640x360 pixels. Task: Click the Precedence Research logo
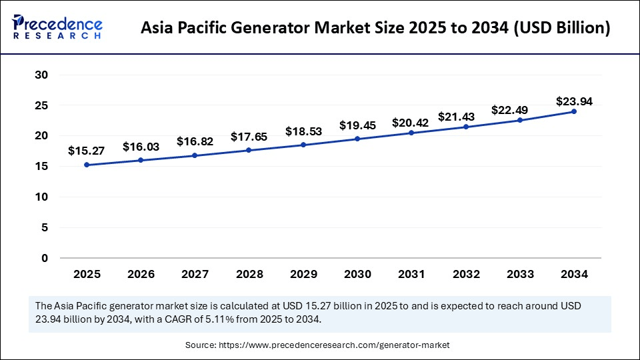click(x=57, y=27)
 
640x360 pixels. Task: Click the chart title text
click(x=376, y=29)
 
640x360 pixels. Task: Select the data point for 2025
click(x=87, y=165)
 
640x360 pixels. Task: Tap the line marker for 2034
click(x=573, y=111)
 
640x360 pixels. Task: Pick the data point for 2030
click(x=357, y=139)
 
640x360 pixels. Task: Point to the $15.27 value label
click(x=87, y=151)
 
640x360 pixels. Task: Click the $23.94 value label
click(x=574, y=101)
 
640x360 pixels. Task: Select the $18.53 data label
click(x=303, y=131)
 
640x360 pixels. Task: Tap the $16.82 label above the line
click(x=195, y=141)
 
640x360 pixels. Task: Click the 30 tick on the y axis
click(x=41, y=75)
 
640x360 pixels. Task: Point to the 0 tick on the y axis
click(x=45, y=258)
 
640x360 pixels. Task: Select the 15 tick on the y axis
click(x=41, y=167)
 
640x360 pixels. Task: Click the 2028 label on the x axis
click(x=249, y=274)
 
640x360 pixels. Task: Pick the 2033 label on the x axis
click(x=519, y=274)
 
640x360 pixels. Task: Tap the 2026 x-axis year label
click(x=141, y=274)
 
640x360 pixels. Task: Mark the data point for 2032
click(x=465, y=127)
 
